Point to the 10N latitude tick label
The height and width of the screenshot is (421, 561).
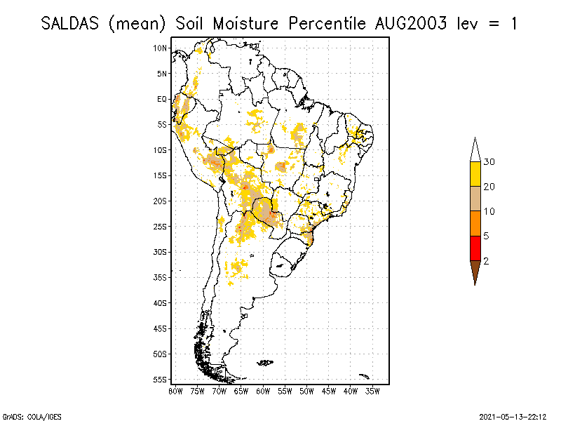(161, 48)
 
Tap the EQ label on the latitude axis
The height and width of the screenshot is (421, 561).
(162, 99)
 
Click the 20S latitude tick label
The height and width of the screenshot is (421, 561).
(161, 201)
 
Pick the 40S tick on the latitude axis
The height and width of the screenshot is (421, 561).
(161, 302)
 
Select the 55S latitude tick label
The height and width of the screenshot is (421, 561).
(161, 379)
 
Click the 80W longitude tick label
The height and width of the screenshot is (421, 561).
(175, 391)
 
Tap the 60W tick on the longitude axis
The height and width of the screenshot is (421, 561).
(263, 391)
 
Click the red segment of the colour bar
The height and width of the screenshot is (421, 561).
(475, 248)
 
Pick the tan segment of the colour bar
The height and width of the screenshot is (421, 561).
(475, 199)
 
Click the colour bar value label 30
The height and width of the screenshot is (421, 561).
(489, 162)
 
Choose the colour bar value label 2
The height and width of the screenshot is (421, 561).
(486, 260)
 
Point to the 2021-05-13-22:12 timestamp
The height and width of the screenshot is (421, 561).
(513, 415)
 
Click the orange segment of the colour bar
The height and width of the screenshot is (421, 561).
(475, 223)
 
